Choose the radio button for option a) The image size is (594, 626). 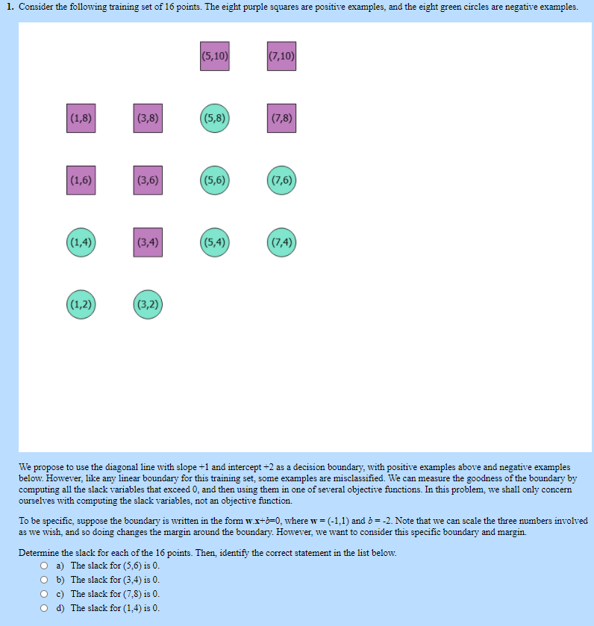tap(44, 566)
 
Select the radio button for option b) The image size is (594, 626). tap(44, 580)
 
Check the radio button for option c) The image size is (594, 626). tap(44, 594)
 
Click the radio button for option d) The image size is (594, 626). tap(44, 608)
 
